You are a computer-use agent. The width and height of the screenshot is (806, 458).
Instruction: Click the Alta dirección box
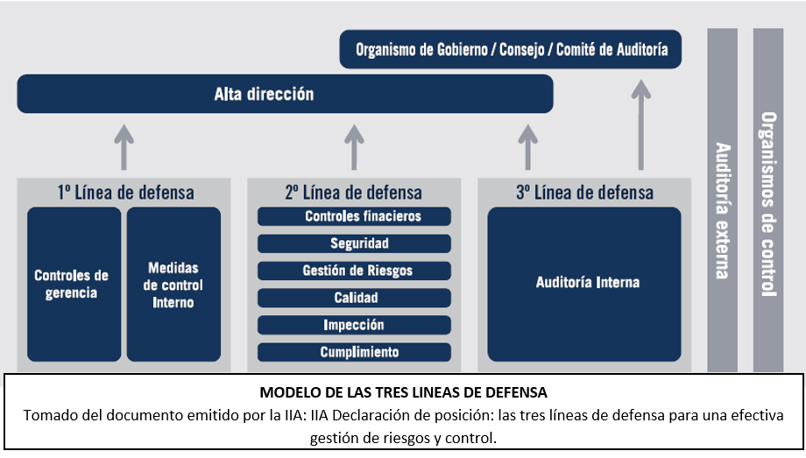coord(285,94)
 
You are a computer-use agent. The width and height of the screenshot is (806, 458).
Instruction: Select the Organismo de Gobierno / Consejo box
coord(511,50)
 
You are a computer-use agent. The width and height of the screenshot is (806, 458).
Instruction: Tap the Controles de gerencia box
coord(74,284)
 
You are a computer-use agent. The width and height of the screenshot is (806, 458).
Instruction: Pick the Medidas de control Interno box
coord(173,284)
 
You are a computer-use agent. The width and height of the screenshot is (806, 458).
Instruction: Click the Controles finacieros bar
coord(354,216)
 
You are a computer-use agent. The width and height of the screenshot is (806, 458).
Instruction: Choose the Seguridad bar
coord(354,243)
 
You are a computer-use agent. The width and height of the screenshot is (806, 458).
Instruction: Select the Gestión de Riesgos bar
coord(354,271)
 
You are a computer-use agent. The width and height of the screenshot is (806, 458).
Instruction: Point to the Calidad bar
coord(354,298)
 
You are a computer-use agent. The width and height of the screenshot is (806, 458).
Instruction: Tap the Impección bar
coord(354,325)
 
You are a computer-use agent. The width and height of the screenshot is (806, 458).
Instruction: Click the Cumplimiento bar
coord(354,352)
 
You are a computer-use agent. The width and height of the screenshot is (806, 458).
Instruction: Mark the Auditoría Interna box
coord(584,284)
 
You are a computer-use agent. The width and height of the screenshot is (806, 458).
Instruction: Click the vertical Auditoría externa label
coord(722,210)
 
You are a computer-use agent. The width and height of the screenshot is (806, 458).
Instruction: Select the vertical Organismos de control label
coord(768,205)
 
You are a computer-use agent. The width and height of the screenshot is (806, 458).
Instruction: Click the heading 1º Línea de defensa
coord(124,192)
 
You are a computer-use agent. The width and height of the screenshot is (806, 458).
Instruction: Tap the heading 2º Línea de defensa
coord(354,192)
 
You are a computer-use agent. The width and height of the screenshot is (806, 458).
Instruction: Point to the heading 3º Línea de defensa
coord(584,192)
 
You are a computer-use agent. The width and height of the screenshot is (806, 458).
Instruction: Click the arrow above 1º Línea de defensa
coord(124,146)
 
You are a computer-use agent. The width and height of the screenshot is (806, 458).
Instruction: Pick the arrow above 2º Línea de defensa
coord(354,146)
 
